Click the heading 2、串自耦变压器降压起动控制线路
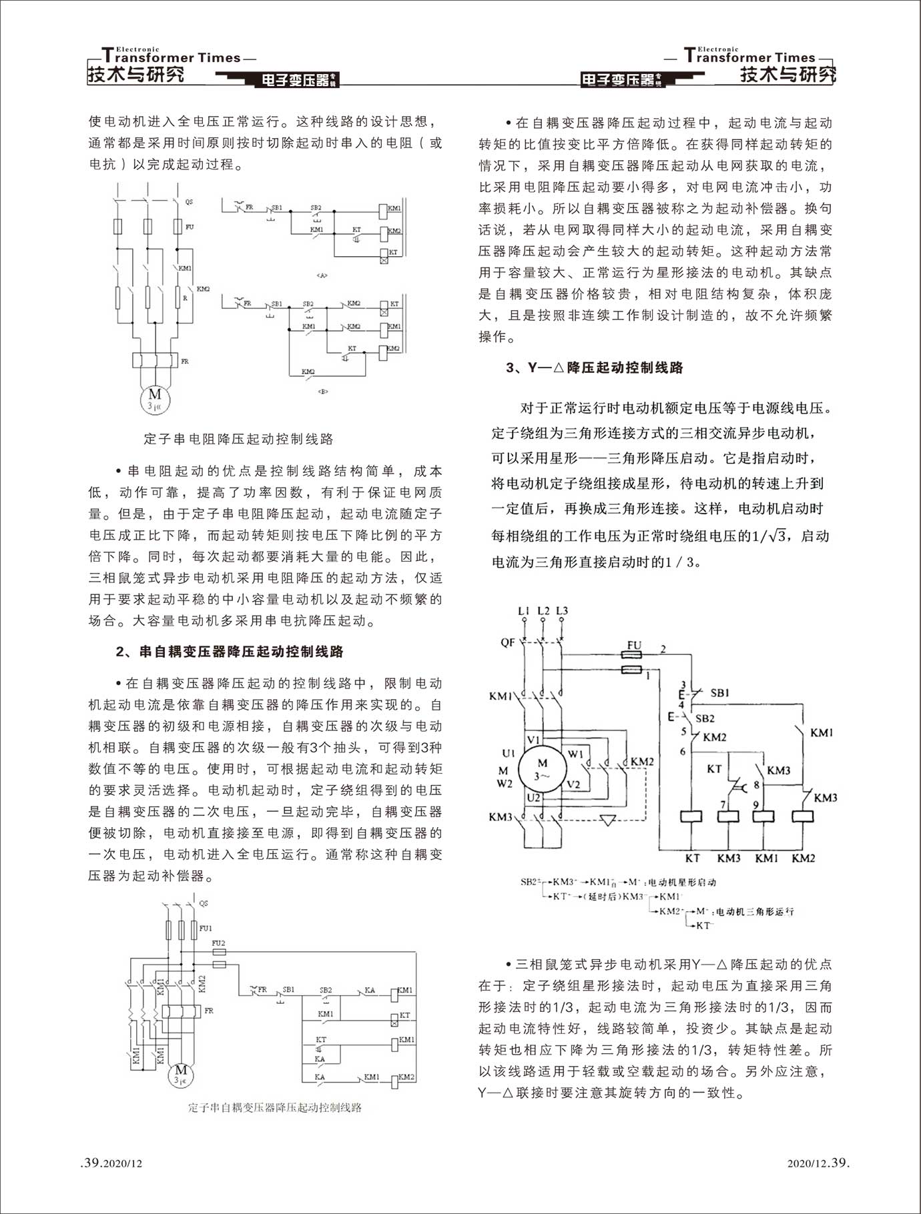click(230, 652)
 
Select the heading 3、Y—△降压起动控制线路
click(595, 368)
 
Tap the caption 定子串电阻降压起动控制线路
click(238, 439)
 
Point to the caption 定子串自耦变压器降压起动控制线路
click(274, 1107)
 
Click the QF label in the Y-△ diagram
click(508, 642)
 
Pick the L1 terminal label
click(525, 610)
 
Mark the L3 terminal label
click(562, 610)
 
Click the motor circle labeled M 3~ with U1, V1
click(541, 768)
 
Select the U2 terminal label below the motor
click(533, 797)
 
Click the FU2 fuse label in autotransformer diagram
click(218, 943)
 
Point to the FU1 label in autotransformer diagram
click(206, 928)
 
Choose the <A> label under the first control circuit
click(324, 275)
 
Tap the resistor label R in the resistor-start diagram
click(185, 298)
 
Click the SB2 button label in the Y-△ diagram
click(705, 718)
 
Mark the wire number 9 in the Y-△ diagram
click(755, 805)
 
